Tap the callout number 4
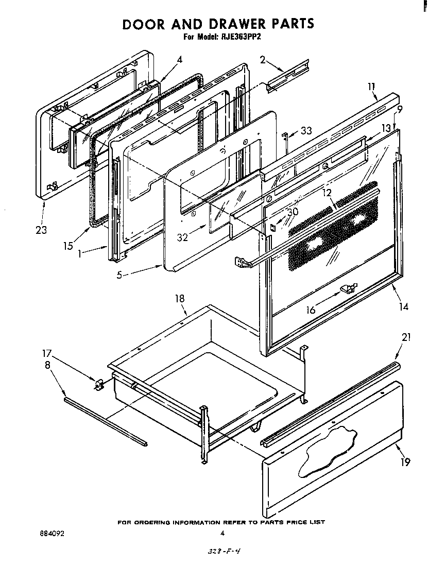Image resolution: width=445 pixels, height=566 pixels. coord(179,60)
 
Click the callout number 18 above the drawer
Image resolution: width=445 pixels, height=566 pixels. coord(179,299)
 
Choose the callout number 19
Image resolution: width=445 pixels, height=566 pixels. coord(406,461)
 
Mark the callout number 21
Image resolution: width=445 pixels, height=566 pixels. coord(406,337)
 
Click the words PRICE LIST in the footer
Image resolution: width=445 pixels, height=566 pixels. coord(306,522)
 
